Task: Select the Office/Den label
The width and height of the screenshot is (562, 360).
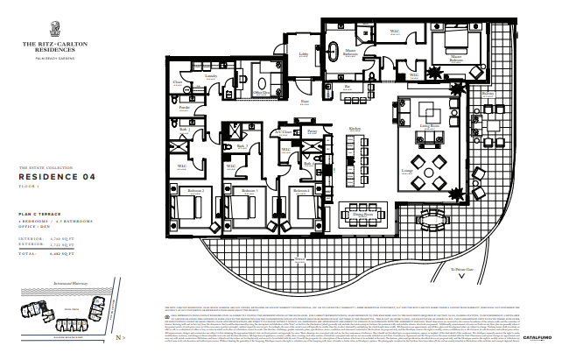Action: (260, 92)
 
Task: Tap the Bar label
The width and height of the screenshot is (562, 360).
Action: (348, 87)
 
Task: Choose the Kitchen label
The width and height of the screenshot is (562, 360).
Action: (355, 130)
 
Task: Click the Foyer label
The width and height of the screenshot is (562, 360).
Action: (305, 101)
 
